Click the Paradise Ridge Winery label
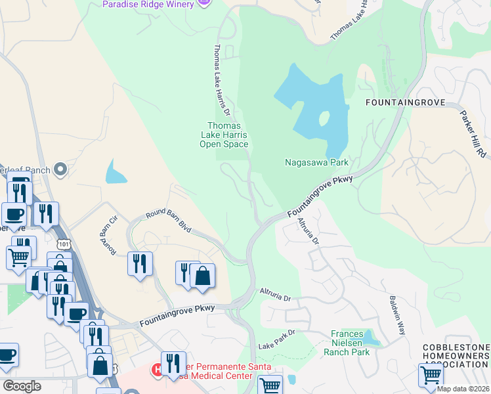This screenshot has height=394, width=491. pyautogui.click(x=148, y=5)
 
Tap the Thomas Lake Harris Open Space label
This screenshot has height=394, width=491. pyautogui.click(x=224, y=135)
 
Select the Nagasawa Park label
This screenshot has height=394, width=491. pyautogui.click(x=316, y=162)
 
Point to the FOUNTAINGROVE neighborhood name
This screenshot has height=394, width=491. pyautogui.click(x=405, y=103)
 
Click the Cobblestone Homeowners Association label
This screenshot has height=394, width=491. pyautogui.click(x=456, y=356)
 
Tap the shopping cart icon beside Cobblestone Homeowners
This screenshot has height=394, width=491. pyautogui.click(x=431, y=375)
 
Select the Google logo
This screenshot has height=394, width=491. pyautogui.click(x=22, y=385)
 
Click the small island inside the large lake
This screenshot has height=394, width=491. pyautogui.click(x=323, y=119)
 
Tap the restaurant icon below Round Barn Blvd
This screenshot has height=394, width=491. pyautogui.click(x=140, y=264)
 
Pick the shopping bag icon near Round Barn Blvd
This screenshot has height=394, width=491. pyautogui.click(x=203, y=276)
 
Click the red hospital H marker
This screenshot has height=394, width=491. pyautogui.click(x=157, y=370)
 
